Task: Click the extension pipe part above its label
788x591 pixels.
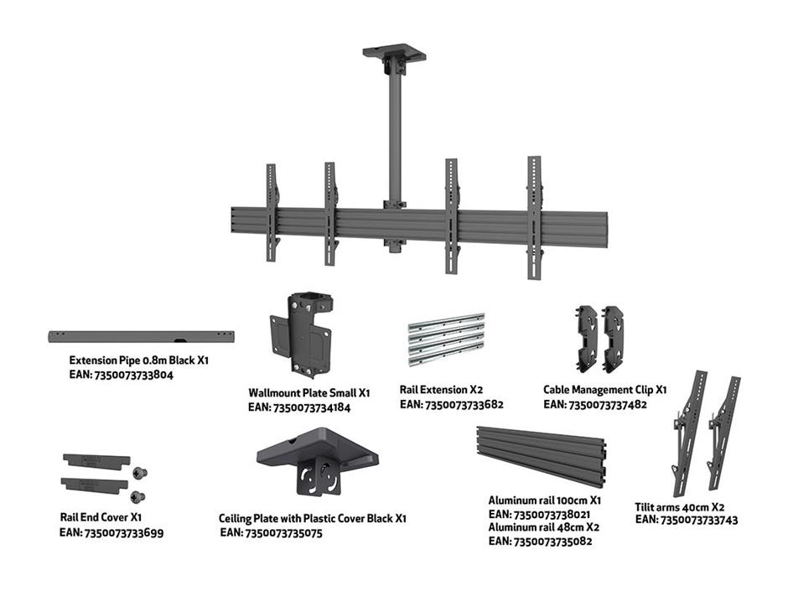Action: [141, 336]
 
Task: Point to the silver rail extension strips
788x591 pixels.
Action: [446, 340]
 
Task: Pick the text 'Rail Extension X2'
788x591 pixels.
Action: [441, 390]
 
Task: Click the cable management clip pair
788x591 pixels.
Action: [600, 338]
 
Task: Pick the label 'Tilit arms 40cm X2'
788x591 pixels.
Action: [680, 507]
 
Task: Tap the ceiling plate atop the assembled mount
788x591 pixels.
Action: [394, 53]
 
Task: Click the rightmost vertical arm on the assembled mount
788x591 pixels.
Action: [535, 217]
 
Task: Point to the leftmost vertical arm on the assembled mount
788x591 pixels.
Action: [272, 212]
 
